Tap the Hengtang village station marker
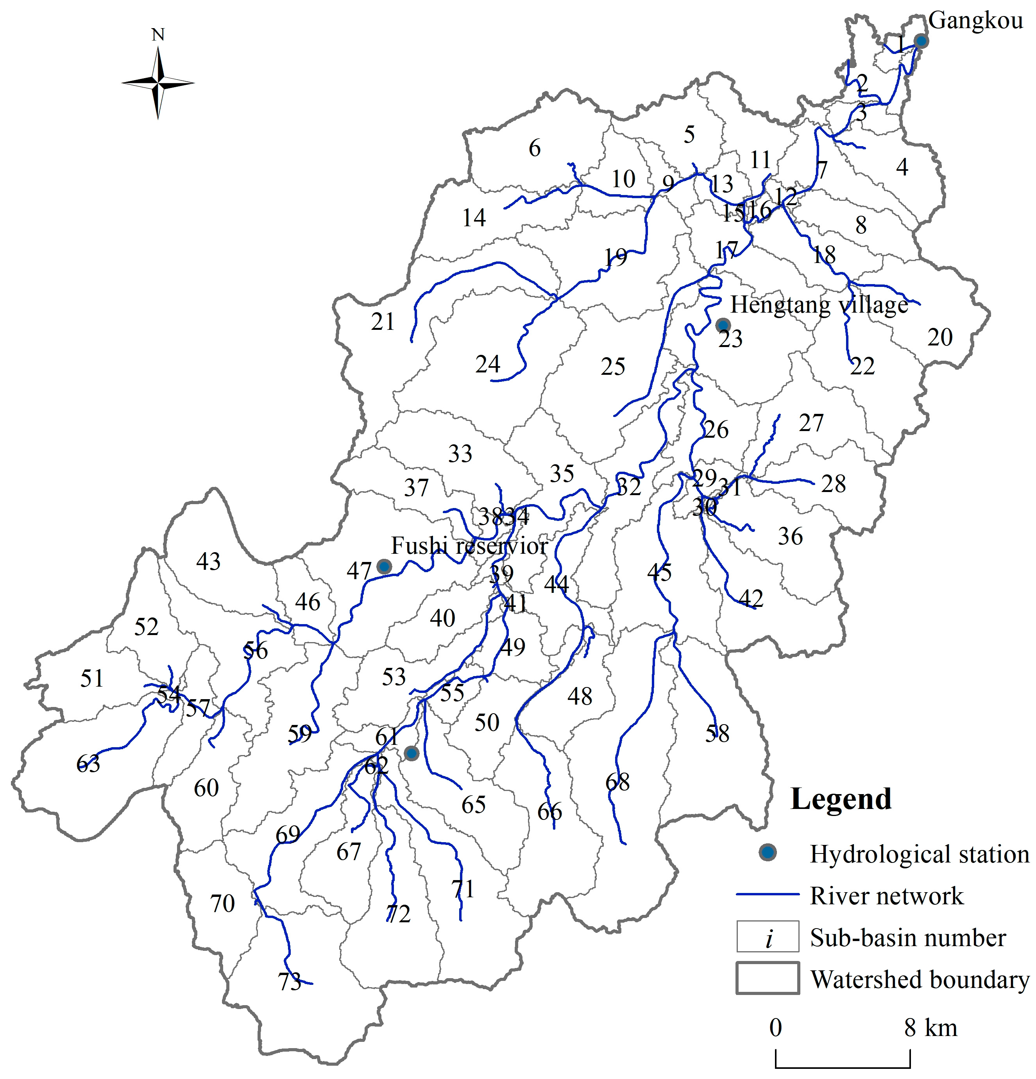(723, 325)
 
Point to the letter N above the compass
(158, 35)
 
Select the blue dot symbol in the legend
(768, 853)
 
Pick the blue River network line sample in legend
(768, 895)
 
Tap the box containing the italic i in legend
(768, 936)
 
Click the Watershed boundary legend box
(768, 978)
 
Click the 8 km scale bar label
(930, 1028)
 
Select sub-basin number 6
(535, 148)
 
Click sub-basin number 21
(383, 322)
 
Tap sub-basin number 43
(208, 562)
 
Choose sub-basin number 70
(222, 904)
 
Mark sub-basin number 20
(939, 337)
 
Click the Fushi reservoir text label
(469, 546)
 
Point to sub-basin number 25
(613, 367)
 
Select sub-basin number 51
(91, 678)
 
